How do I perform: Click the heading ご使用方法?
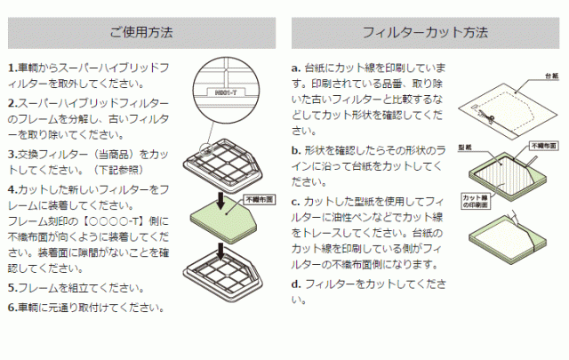click(141, 34)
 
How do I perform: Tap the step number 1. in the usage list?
click(12, 68)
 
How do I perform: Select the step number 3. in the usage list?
click(12, 153)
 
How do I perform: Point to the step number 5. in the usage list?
click(12, 288)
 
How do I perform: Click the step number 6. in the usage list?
click(12, 308)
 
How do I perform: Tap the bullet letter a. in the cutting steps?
click(296, 68)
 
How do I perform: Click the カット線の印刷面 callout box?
click(476, 201)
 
